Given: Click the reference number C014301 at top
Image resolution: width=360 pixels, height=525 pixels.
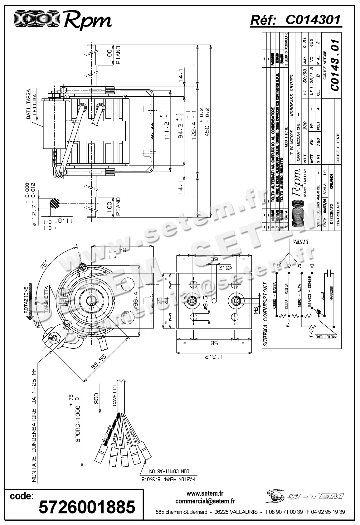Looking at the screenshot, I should [x=313, y=20].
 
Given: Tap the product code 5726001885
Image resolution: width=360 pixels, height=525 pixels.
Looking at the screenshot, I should [x=87, y=507].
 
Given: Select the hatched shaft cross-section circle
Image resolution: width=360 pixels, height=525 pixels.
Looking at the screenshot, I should [x=54, y=204].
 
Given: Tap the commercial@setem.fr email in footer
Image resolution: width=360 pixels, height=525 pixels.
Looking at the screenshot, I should [x=205, y=501].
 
